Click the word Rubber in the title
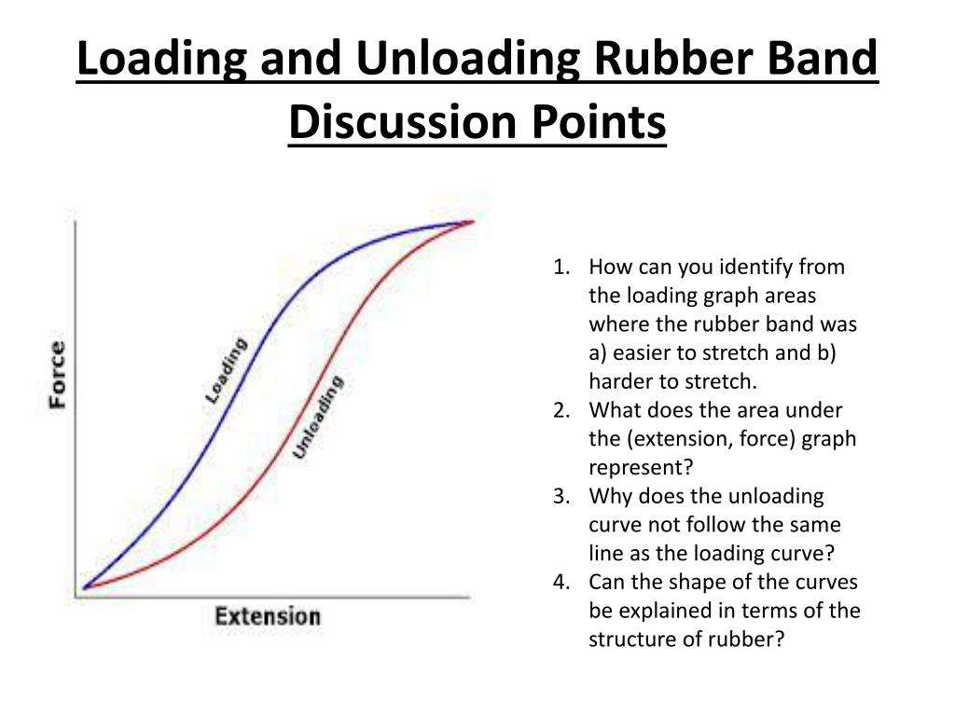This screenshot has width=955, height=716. [680, 60]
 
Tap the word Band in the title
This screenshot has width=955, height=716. [823, 60]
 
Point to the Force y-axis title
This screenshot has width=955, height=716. [57, 375]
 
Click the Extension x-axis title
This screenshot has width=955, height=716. [268, 616]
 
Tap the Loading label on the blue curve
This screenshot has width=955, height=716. [227, 370]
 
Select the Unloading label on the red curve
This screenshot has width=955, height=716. [318, 417]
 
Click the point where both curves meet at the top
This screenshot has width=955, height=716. [470, 222]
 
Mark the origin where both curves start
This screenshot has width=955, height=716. [83, 587]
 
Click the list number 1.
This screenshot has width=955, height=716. [561, 268]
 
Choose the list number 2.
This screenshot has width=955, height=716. [561, 411]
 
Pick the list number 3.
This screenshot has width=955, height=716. [561, 497]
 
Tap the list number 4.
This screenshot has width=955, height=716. [561, 583]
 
